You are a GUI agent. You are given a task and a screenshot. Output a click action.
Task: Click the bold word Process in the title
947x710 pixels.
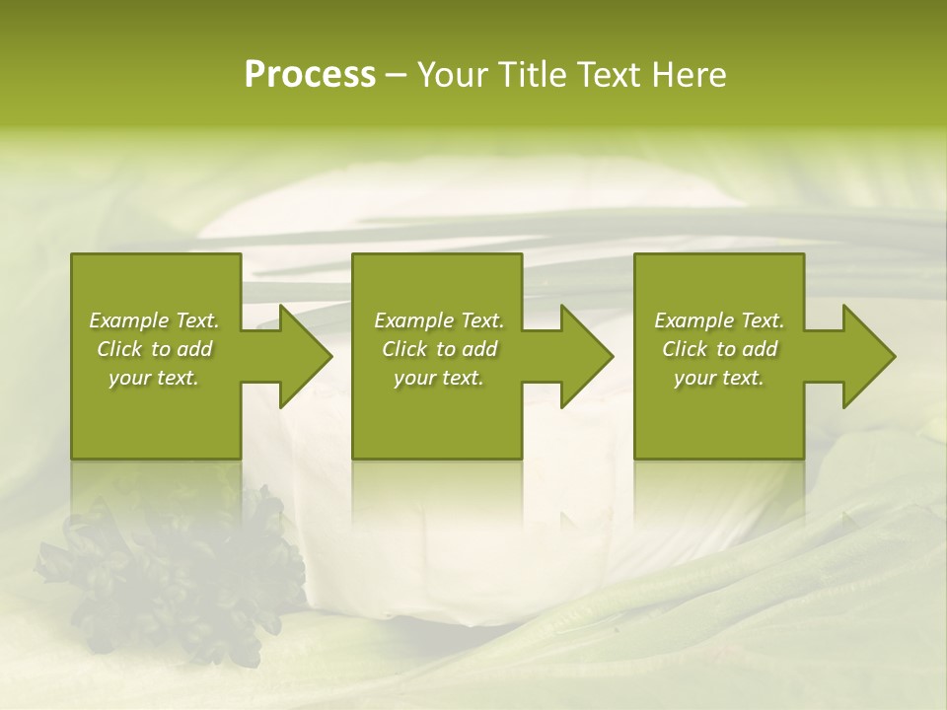tap(310, 75)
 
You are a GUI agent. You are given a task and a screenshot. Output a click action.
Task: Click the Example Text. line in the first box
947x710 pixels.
tap(155, 320)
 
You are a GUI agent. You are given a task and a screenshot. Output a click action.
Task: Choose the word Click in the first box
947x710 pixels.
tap(119, 349)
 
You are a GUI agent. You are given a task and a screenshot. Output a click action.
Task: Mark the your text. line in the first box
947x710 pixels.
tap(155, 378)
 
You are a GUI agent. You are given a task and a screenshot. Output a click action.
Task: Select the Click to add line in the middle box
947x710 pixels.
tap(439, 349)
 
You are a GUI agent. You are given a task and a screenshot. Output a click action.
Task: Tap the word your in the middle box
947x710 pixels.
tap(414, 378)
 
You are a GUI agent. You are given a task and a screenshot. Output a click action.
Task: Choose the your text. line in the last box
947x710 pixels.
tap(719, 378)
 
